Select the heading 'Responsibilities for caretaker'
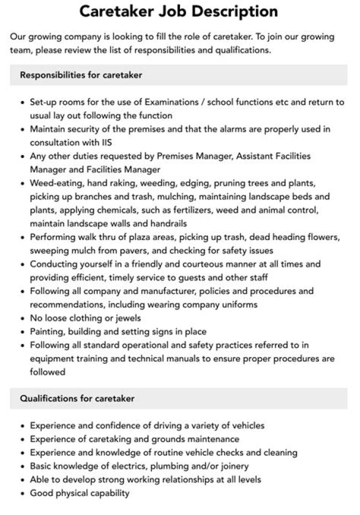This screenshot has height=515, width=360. click(x=81, y=75)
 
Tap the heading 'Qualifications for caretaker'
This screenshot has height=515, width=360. click(x=77, y=398)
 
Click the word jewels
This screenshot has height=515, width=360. click(x=127, y=318)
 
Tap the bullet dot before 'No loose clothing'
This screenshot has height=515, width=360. click(x=23, y=318)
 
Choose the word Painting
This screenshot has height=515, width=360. click(x=46, y=331)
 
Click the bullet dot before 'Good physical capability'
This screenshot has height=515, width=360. click(x=23, y=493)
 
